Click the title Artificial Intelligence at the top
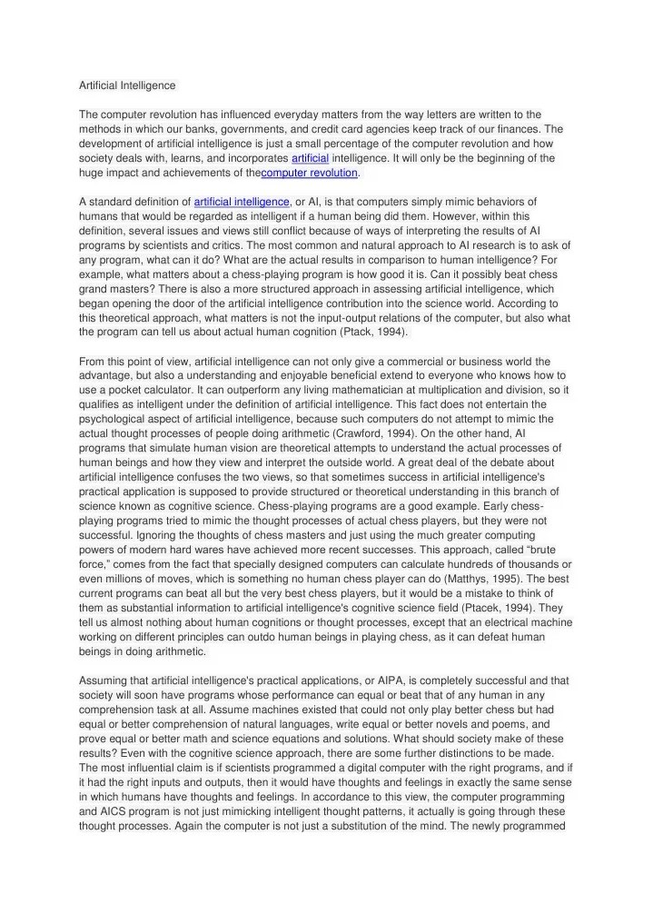click(x=127, y=85)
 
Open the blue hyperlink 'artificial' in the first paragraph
click(x=309, y=158)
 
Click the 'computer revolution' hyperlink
click(x=310, y=173)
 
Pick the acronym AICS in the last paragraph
click(x=114, y=811)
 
